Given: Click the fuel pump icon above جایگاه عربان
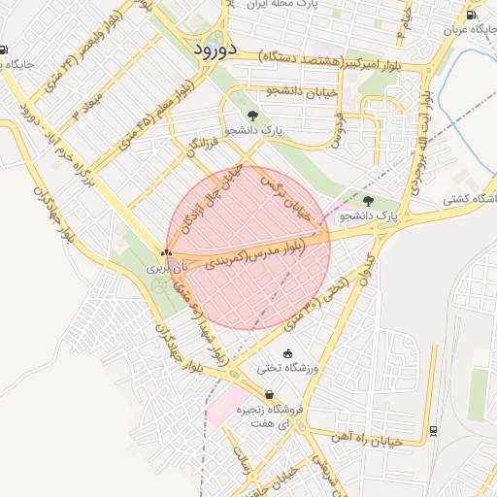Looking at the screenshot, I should (x=471, y=15).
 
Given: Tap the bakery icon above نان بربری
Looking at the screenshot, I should (x=166, y=249).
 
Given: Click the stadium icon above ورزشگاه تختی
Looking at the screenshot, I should (x=286, y=353).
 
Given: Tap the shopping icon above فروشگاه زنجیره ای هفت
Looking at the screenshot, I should (x=269, y=394).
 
